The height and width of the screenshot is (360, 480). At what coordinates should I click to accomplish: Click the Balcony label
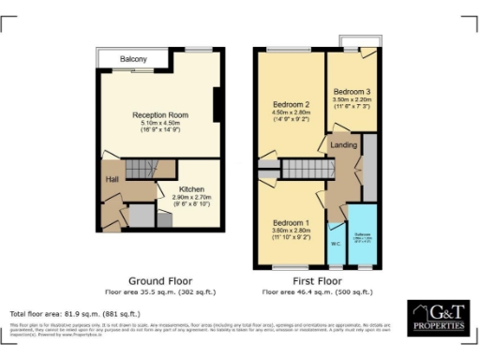[133, 59]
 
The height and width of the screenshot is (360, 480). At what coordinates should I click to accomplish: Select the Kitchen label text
[191, 188]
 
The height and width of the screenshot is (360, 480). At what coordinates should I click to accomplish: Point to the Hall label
[112, 178]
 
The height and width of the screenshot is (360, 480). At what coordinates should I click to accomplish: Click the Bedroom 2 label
[291, 104]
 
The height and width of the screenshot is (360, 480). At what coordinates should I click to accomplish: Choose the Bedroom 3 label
[353, 92]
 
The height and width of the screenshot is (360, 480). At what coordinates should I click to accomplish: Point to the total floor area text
[74, 313]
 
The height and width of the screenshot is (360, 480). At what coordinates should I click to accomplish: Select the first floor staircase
[303, 169]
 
